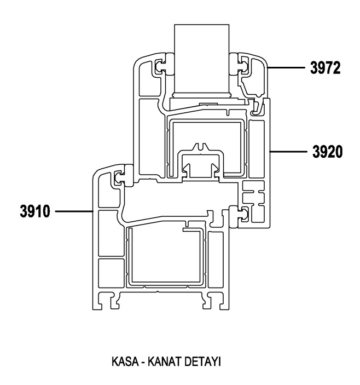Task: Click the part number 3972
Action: (326, 68)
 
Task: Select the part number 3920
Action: (327, 152)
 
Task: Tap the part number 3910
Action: (35, 211)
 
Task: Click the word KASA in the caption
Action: (125, 361)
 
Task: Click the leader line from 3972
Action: (286, 67)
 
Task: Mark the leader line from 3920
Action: (288, 152)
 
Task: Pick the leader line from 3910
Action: (74, 211)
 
